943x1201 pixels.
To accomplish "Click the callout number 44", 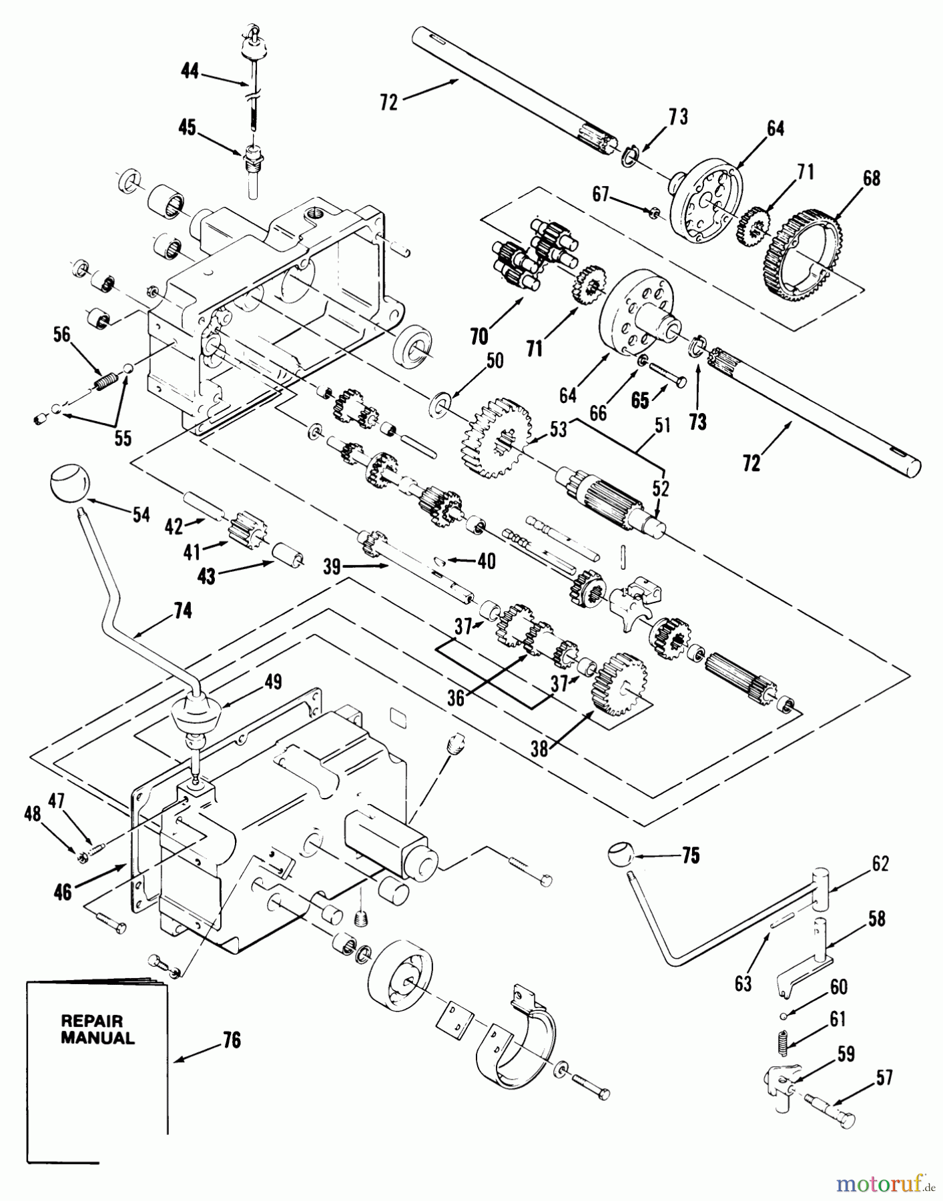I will (190, 71).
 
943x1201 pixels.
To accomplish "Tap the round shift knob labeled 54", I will (69, 483).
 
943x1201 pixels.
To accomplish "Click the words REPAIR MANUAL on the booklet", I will (97, 1029).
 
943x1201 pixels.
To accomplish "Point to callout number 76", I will (231, 1040).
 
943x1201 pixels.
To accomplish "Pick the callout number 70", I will (479, 336).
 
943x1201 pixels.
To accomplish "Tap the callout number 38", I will (540, 748).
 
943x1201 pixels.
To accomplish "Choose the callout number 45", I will (188, 127).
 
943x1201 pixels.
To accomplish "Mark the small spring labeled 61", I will (784, 1043).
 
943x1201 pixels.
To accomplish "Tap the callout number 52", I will (660, 489).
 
